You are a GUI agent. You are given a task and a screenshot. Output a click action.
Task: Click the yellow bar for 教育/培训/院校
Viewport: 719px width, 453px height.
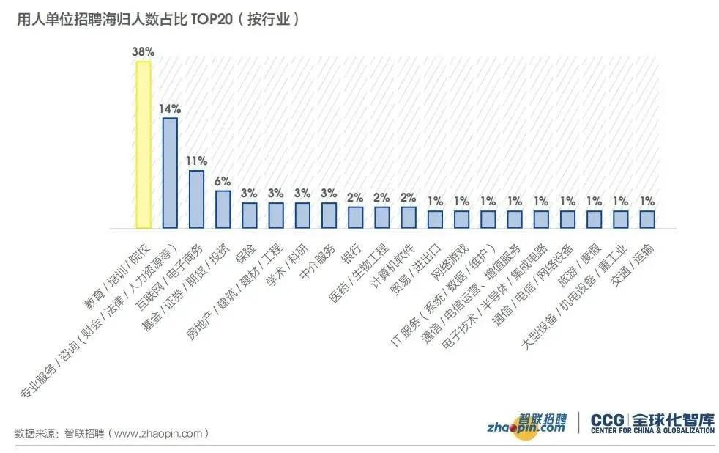tap(144, 145)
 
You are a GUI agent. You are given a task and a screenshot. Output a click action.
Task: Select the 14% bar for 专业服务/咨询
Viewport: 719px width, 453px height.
tap(170, 173)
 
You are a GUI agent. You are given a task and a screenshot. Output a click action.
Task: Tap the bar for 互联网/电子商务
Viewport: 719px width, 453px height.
tap(196, 199)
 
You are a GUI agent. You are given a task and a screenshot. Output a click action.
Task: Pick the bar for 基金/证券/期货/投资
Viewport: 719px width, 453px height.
tap(223, 210)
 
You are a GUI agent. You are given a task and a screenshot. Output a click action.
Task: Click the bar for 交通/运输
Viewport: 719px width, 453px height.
tap(647, 220)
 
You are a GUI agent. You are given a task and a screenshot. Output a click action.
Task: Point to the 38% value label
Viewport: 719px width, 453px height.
tap(144, 52)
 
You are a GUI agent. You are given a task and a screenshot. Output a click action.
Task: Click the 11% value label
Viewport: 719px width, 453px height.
tap(196, 161)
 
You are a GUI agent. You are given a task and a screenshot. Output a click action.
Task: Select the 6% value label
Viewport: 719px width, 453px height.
tap(223, 181)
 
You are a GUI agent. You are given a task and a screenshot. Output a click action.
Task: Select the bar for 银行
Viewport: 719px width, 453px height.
tap(355, 218)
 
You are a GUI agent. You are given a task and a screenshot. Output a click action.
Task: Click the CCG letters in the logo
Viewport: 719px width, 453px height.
tap(607, 421)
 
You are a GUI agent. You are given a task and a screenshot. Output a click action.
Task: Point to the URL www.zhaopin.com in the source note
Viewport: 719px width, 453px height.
tap(157, 433)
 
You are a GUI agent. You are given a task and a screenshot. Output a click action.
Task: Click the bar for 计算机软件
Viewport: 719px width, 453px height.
tap(408, 218)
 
